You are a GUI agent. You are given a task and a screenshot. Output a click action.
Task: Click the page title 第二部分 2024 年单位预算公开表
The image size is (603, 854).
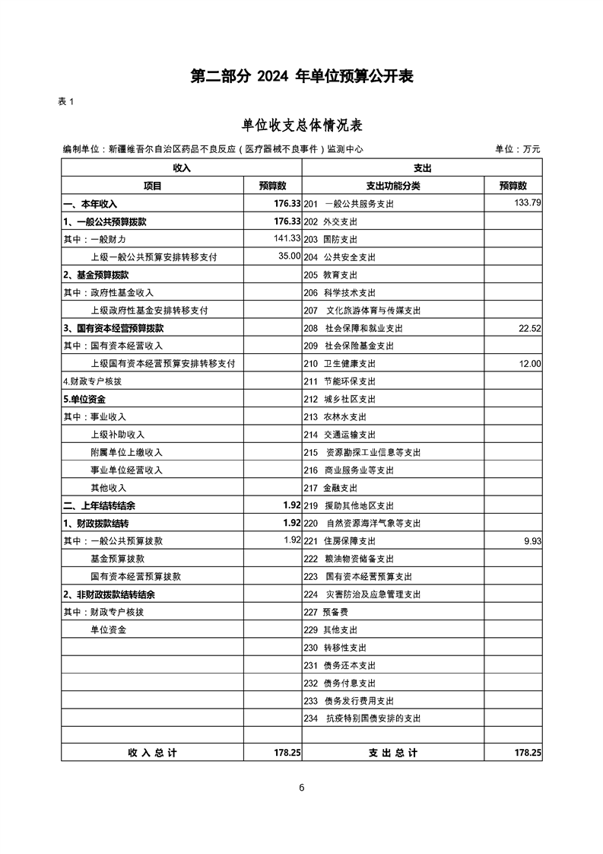pos(301,77)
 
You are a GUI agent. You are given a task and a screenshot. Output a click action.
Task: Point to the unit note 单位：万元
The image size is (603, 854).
pos(517,149)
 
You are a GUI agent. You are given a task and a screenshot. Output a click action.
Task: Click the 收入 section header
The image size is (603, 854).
pos(182,167)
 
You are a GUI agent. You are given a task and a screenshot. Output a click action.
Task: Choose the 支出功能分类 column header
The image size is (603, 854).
pos(393,186)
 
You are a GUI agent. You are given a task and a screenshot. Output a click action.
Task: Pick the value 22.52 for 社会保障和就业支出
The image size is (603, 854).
pos(527,328)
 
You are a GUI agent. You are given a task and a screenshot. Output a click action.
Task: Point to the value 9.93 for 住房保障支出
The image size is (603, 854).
pos(532,541)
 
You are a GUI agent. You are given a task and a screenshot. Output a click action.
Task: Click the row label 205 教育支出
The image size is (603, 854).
pos(330,275)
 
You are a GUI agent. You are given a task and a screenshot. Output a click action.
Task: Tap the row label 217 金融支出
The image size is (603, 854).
pos(330,488)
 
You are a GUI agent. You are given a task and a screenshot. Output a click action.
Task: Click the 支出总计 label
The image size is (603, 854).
pos(393,752)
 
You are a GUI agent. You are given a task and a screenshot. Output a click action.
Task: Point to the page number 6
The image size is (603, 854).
pos(302,788)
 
